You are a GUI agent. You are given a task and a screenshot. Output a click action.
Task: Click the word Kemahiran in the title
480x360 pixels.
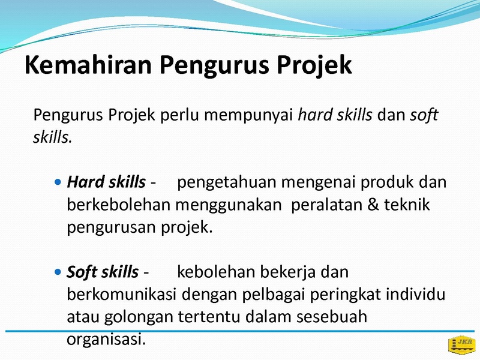[88, 65]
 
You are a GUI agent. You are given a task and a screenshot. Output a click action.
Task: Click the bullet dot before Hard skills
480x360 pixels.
[58, 182]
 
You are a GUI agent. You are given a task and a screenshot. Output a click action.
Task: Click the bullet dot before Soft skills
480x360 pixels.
[58, 272]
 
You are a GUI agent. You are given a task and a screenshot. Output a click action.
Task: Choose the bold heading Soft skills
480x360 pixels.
[103, 272]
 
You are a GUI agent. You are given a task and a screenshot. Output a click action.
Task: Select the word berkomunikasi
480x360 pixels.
[121, 295]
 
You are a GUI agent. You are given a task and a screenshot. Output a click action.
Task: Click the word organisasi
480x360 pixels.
[106, 340]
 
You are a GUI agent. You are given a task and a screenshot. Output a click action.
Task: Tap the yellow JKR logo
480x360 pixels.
[462, 345]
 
